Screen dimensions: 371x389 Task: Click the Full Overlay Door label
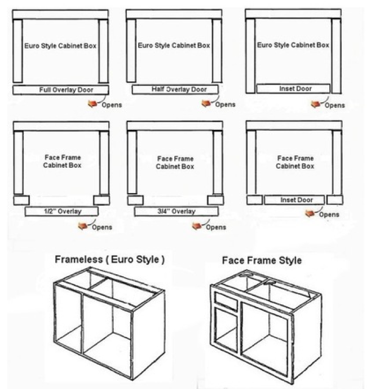pos(66,90)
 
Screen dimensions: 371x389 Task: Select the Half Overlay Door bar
pos(175,90)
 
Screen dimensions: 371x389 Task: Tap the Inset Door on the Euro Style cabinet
pos(293,89)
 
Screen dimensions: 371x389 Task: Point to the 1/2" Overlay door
pos(61,211)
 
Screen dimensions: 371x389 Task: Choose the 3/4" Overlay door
pos(176,211)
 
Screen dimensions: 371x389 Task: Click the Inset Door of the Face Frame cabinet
pos(294,200)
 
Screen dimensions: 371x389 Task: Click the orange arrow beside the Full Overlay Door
pos(92,104)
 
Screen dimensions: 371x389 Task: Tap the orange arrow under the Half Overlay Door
pos(206,103)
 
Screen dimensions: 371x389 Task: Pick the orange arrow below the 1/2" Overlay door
pos(83,226)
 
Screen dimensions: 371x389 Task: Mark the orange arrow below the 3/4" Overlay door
pos(197,226)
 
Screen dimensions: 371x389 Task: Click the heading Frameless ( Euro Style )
pos(109,260)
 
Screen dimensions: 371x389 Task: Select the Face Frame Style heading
pos(262,260)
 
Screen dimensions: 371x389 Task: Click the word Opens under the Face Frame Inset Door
pos(329,215)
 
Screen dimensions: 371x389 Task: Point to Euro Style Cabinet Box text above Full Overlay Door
pos(60,46)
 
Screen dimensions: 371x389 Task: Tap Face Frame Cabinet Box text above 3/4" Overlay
pos(175,163)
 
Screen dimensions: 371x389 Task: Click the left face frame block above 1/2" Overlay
pos(21,200)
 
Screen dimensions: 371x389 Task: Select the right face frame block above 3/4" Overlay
pos(215,200)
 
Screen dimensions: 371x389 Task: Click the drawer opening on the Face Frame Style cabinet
pos(226,301)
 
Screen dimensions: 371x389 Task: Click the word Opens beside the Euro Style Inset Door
pos(335,106)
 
